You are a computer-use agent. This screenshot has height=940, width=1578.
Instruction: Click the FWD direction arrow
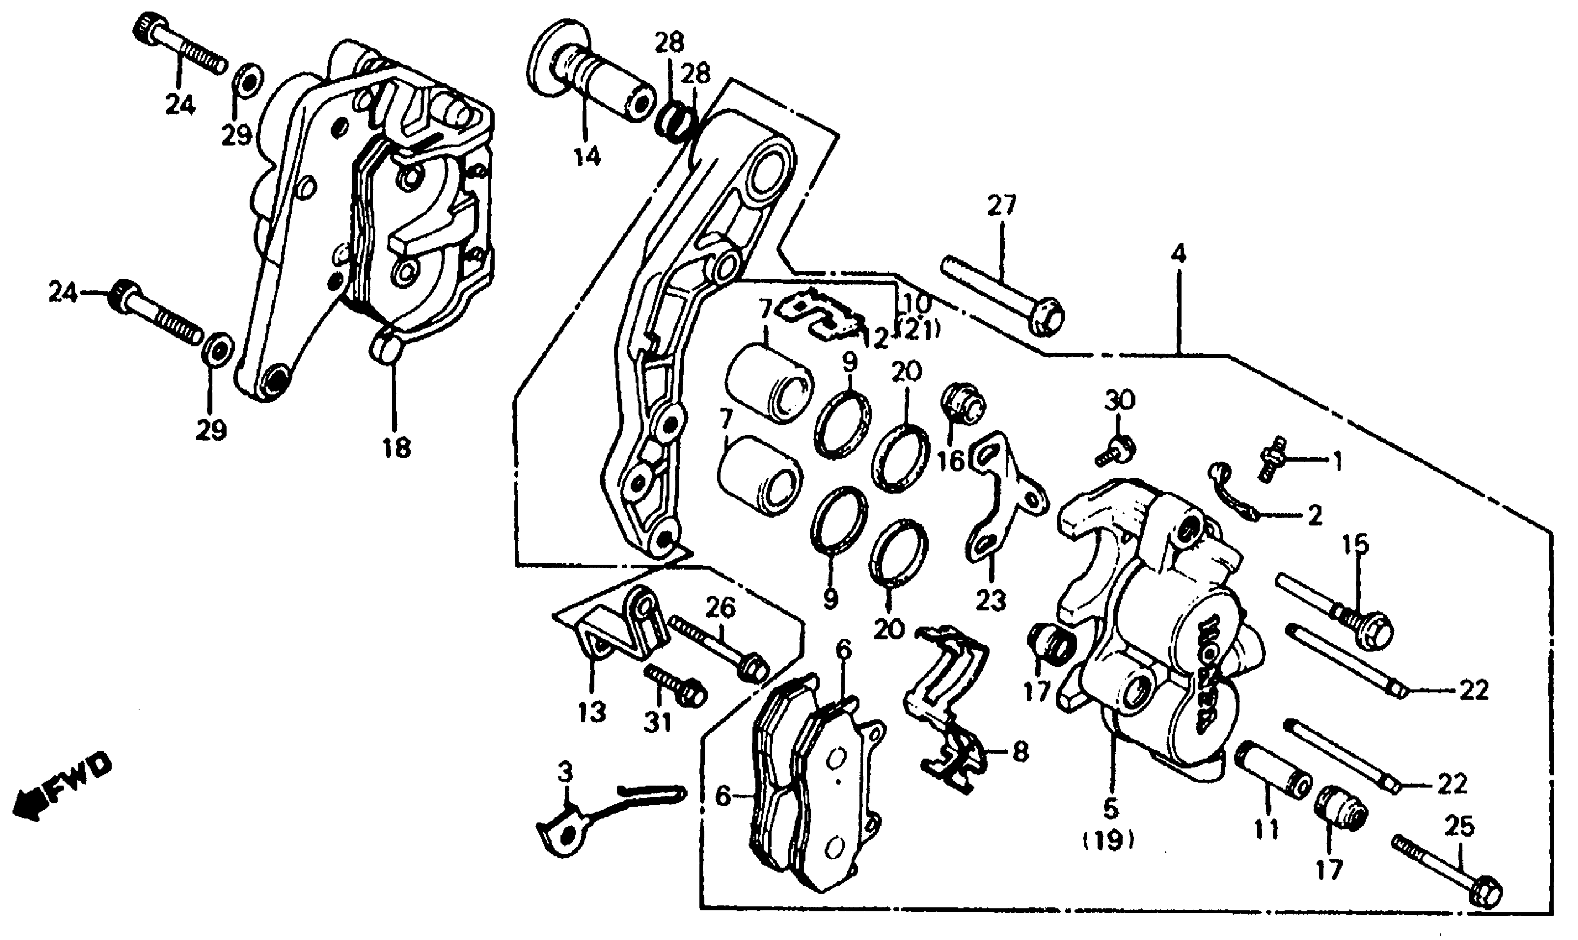[60, 787]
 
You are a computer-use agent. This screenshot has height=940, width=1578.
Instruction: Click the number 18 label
[397, 447]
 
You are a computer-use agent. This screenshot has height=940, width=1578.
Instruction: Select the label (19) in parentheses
[1108, 840]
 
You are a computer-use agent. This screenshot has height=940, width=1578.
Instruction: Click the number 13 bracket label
[591, 712]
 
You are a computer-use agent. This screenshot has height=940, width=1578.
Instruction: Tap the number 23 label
[990, 600]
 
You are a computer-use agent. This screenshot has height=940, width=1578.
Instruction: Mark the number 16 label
[950, 461]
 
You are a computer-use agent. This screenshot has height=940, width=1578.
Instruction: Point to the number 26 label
[720, 608]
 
